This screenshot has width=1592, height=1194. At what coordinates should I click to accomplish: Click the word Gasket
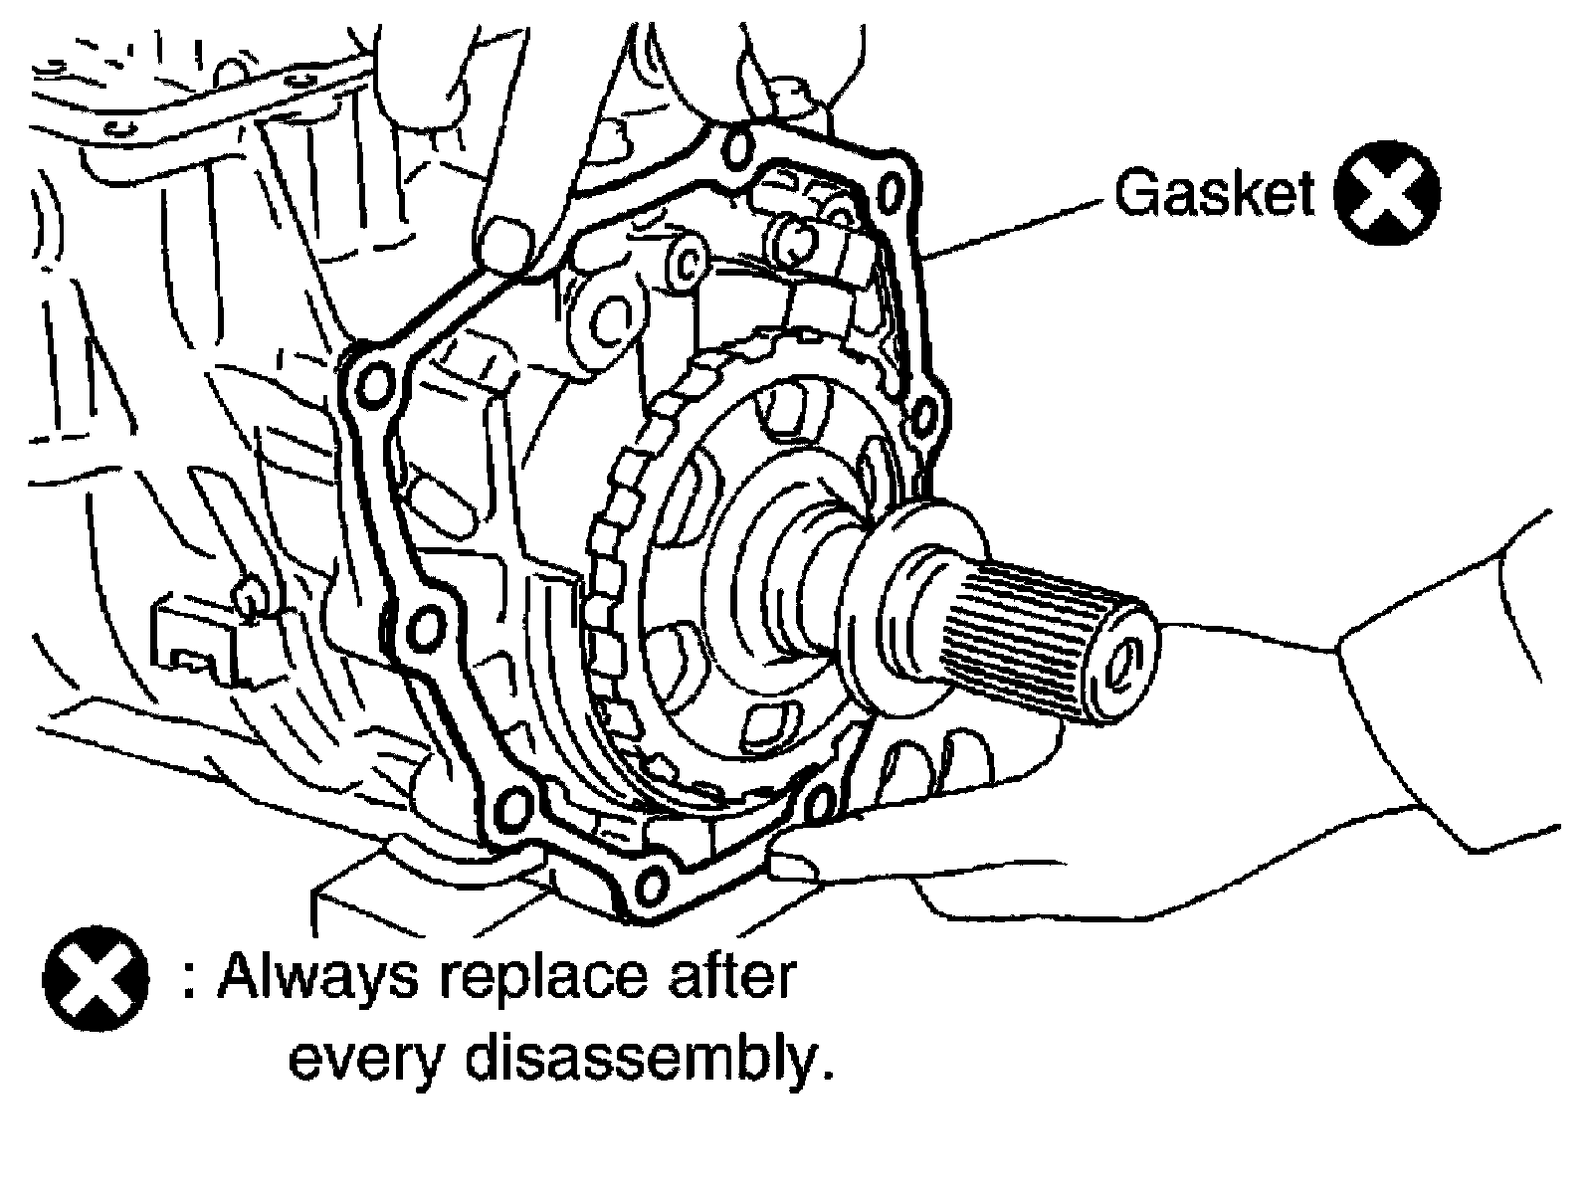[x=1214, y=193]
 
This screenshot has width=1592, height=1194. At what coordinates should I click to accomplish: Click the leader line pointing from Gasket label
[x=1015, y=229]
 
